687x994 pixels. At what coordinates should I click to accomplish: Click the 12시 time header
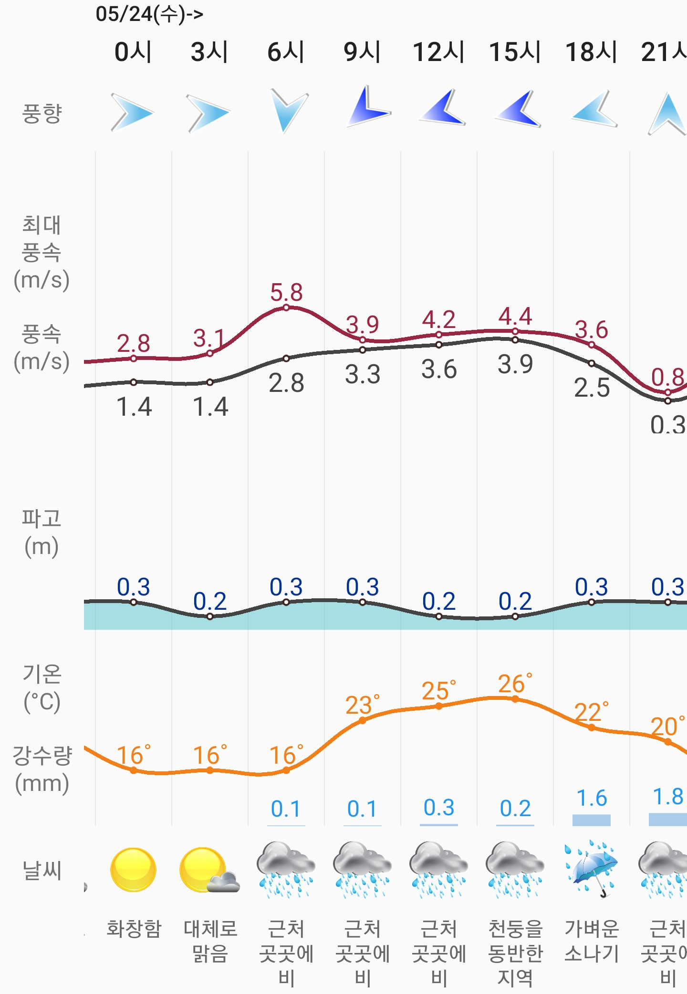tap(438, 52)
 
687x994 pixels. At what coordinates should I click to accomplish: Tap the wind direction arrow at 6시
tap(289, 111)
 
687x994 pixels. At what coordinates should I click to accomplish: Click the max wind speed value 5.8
tap(286, 292)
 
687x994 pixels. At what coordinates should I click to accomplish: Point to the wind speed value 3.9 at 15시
tap(515, 365)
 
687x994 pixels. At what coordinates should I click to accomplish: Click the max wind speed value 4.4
tap(515, 317)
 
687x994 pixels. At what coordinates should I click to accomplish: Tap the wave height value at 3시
tap(210, 601)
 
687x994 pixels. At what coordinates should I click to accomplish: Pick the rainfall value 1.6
tap(592, 798)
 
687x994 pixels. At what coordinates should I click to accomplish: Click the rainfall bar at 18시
tap(592, 820)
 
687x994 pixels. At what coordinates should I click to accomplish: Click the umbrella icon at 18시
tap(592, 869)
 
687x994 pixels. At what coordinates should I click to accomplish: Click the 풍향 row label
tap(42, 113)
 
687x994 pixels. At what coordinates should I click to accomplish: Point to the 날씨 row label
tap(42, 871)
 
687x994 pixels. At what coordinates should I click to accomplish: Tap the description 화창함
tap(134, 929)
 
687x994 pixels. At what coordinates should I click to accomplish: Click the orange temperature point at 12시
tap(439, 706)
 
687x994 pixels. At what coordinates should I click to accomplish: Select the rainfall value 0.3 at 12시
tap(439, 808)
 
